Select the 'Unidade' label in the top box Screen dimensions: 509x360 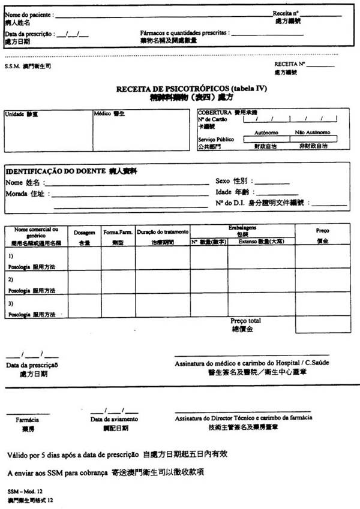[16, 113]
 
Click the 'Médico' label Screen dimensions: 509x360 [103, 113]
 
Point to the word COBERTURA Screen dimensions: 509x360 [215, 112]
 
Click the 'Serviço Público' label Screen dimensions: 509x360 [217, 139]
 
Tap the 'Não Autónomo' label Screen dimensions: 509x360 [313, 132]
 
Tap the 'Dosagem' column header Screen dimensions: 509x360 [84, 232]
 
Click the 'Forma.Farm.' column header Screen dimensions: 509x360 [118, 232]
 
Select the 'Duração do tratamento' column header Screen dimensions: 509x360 [163, 232]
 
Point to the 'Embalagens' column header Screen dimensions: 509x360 [242, 228]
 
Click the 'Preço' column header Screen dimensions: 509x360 [322, 230]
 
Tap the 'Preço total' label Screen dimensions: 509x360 [245, 321]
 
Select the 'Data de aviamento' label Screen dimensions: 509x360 [114, 420]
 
